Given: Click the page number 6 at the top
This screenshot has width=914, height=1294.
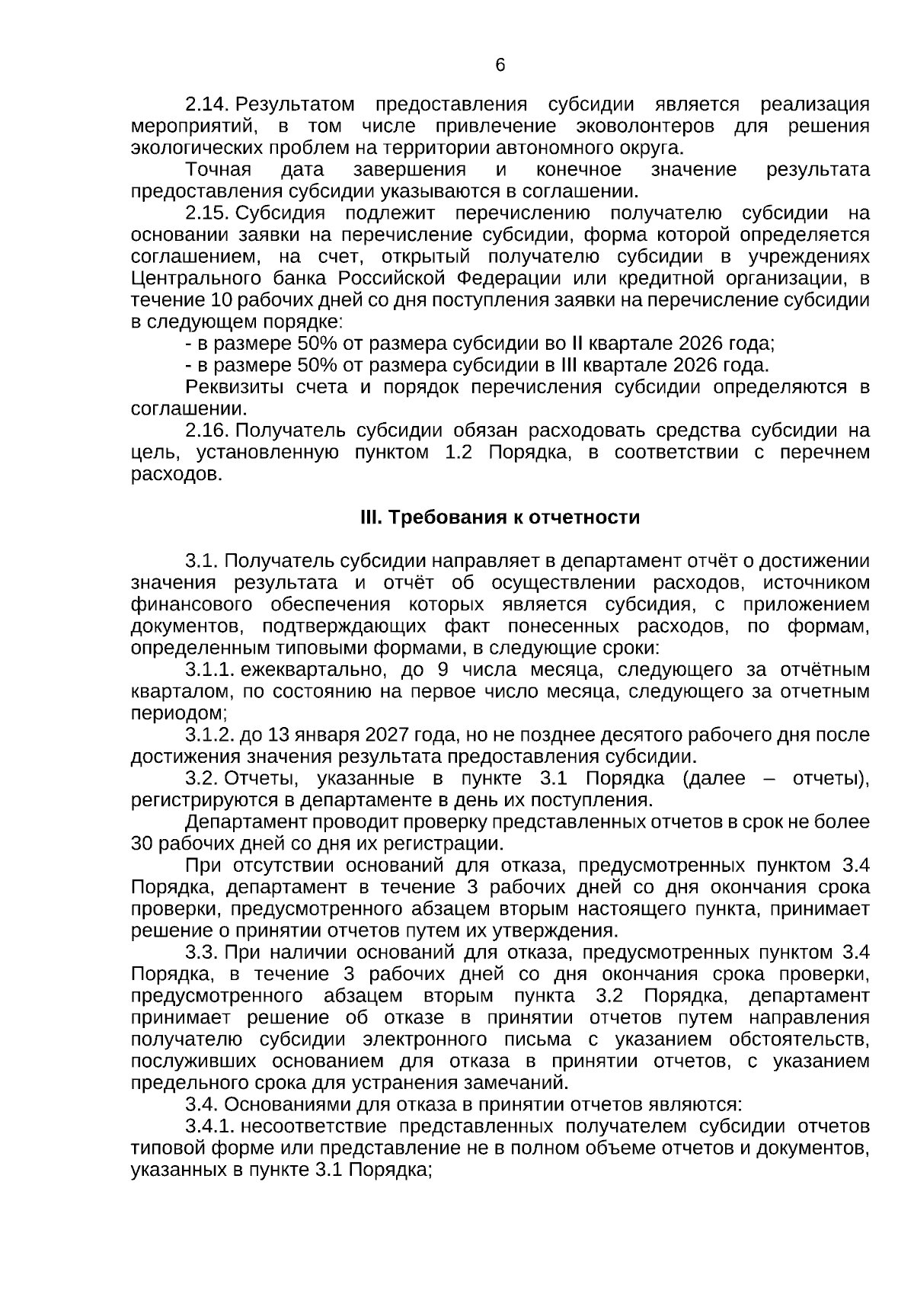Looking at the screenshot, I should (500, 66).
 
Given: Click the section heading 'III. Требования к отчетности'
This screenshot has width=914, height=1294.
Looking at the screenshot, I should (500, 518).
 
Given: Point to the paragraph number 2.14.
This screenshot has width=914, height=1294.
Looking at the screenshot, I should (208, 104).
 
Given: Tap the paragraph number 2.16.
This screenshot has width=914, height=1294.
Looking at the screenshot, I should (208, 431).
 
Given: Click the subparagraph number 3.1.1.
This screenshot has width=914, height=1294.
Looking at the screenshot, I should (209, 671).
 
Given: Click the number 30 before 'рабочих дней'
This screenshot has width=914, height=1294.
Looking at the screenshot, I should (142, 845).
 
